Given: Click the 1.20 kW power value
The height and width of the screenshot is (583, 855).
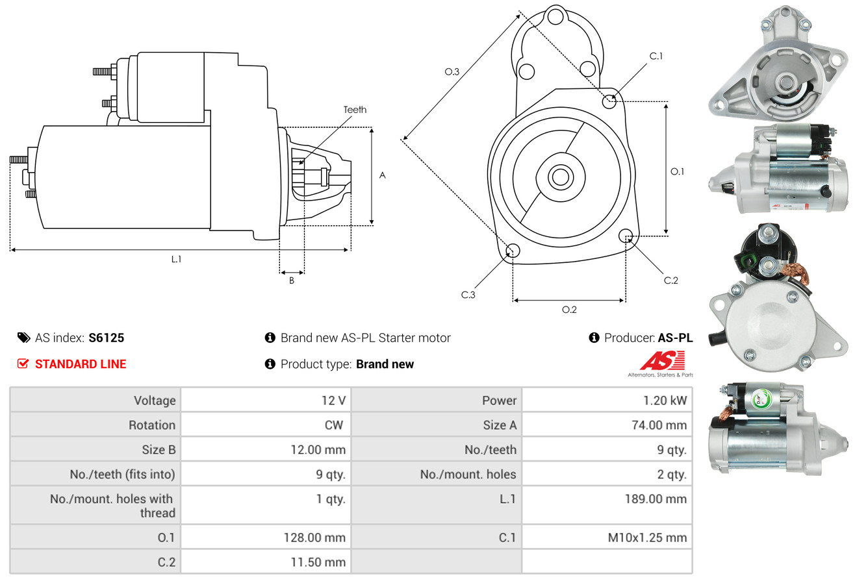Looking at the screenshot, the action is (665, 401).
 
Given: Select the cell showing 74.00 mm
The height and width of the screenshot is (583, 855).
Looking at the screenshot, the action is (659, 425).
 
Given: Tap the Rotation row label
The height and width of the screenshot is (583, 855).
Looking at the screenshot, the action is (152, 425).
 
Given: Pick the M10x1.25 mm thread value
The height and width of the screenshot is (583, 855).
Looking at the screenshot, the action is (647, 538).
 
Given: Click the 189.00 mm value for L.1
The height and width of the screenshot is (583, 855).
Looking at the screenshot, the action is (656, 499).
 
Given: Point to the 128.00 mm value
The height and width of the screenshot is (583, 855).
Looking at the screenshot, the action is (314, 538).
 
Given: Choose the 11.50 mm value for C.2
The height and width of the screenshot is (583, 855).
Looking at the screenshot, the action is (318, 562).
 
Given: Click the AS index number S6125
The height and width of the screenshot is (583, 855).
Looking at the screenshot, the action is (107, 338).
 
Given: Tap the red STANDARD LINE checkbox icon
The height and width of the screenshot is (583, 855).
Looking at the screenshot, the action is (23, 364).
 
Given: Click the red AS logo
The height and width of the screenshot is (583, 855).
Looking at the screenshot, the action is (663, 361).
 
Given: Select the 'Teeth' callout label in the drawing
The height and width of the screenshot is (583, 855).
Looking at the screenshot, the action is (355, 110).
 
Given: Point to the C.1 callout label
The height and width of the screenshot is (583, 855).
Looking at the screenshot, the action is (656, 56).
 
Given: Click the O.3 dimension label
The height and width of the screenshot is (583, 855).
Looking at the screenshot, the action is (452, 71).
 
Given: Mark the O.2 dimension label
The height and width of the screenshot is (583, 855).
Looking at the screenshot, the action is (569, 310).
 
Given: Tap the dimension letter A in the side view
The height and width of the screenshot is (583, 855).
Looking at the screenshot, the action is (383, 175).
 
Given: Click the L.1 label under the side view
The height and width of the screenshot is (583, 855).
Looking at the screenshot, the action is (176, 259).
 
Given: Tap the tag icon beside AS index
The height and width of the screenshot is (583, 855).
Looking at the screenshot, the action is (23, 338).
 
